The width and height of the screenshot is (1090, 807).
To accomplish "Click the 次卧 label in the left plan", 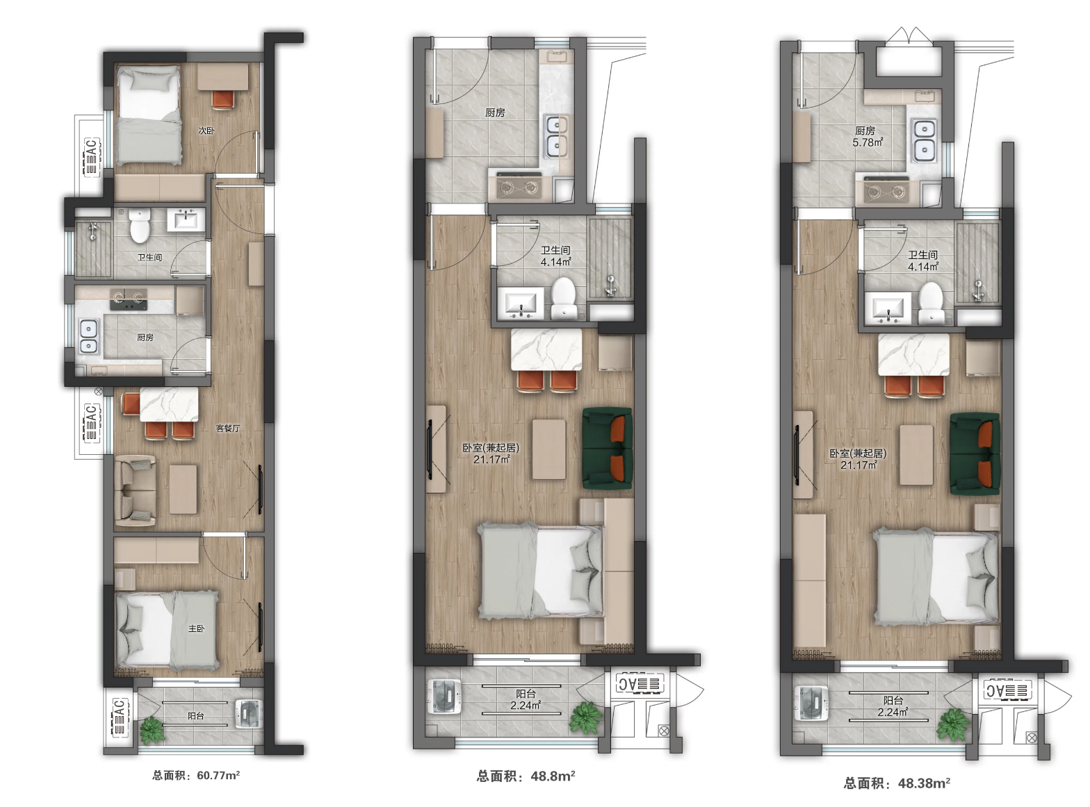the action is click(206, 131).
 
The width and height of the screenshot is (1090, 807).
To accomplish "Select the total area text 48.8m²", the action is click(553, 776).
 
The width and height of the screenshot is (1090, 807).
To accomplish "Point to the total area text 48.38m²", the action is click(924, 783).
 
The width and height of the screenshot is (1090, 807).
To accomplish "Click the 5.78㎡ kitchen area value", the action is click(868, 142).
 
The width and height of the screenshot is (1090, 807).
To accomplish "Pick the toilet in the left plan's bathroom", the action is click(140, 226).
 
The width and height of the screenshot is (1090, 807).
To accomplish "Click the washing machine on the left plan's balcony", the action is click(249, 714).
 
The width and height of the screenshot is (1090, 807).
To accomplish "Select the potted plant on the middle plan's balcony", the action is click(585, 717).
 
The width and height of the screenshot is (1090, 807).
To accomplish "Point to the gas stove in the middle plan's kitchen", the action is click(516, 185).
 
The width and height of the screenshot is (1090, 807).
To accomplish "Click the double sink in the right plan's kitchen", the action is click(924, 140).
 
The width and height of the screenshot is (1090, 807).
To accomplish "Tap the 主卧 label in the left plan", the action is click(196, 629).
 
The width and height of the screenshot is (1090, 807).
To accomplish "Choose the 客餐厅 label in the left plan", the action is click(228, 429).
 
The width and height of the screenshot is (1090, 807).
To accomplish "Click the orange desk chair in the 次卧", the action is click(224, 100).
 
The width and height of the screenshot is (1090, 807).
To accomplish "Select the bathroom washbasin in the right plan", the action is click(888, 309).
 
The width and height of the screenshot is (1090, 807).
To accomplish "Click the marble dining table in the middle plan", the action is click(546, 349).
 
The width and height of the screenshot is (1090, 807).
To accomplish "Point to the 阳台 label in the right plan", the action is click(893, 700).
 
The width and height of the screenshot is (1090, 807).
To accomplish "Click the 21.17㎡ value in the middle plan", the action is click(491, 459).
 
